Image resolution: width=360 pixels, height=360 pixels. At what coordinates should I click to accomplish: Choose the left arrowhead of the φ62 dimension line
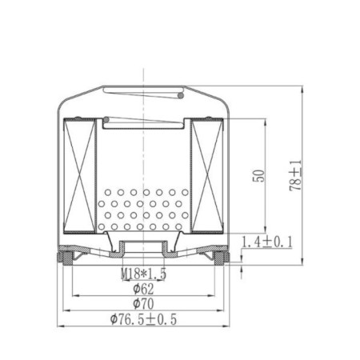coord(74,296)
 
